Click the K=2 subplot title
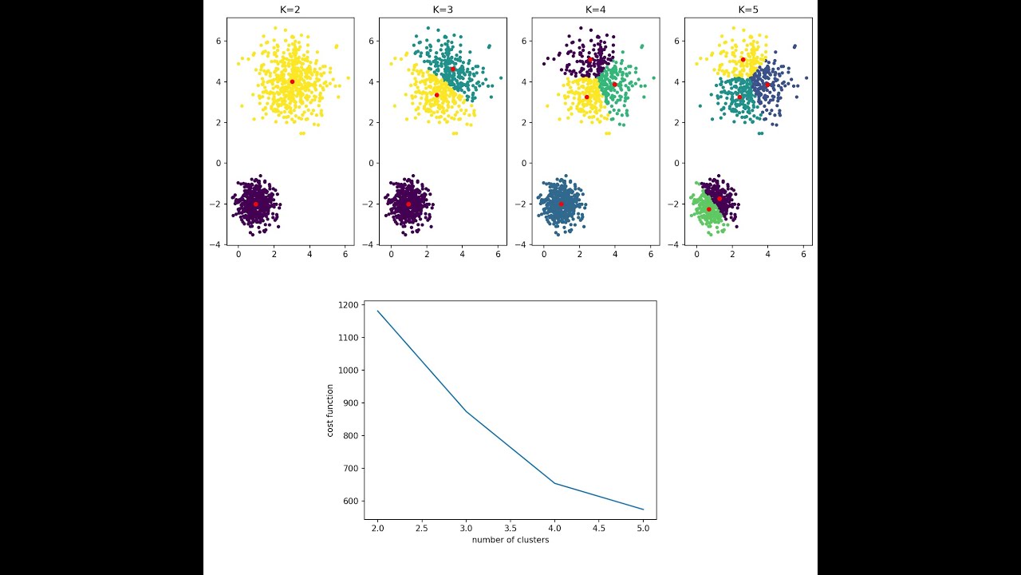290,10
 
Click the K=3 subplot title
443,10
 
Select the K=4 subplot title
596,10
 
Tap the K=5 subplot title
748,10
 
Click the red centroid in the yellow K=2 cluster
292,81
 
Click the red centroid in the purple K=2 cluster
256,204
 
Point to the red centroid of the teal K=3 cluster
453,69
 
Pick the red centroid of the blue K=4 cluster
562,204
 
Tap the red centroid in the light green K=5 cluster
708,209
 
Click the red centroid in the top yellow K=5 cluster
743,60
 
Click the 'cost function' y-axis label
330,410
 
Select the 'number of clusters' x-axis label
510,540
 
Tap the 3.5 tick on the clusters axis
510,528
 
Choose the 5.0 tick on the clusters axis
643,528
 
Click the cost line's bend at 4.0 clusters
555,483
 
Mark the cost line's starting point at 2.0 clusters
378,311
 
